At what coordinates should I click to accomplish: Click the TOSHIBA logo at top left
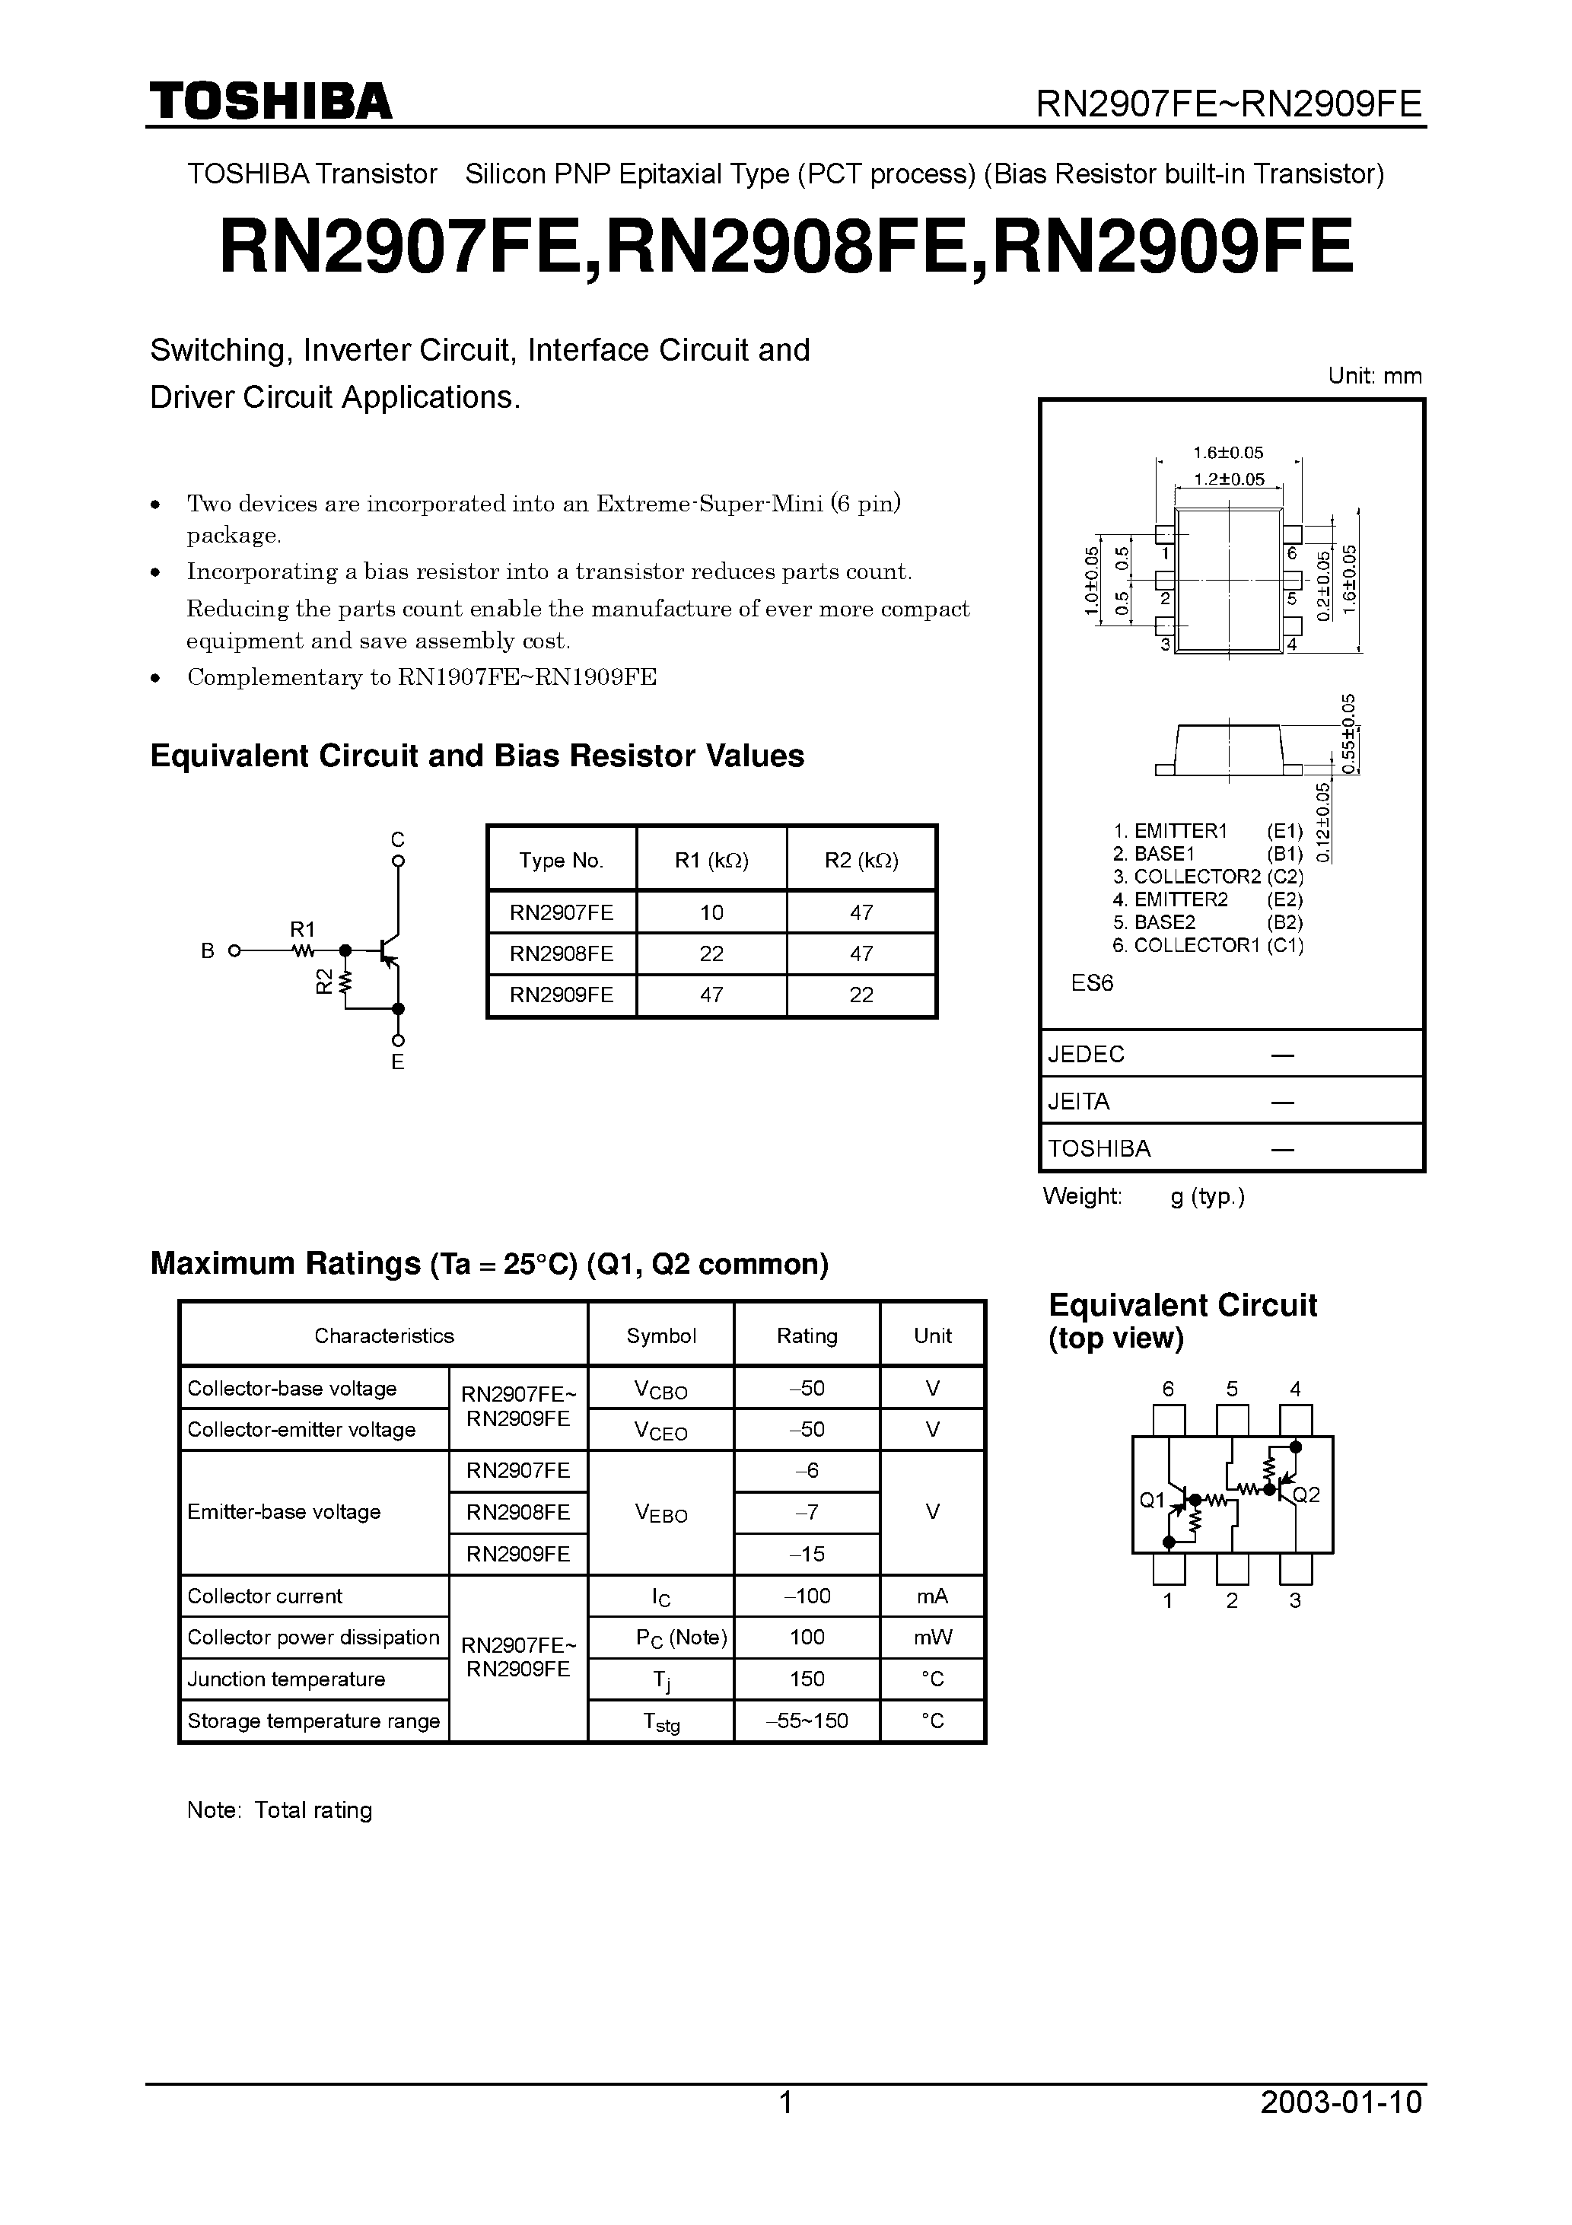[x=270, y=102]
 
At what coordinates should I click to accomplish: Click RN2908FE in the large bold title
[x=787, y=247]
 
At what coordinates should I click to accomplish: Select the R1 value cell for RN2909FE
[x=711, y=995]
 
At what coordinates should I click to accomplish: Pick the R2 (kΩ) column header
[x=861, y=860]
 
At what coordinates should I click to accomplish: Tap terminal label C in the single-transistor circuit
[x=397, y=839]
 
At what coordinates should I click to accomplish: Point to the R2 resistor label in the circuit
[x=323, y=981]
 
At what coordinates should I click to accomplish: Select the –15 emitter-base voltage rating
[x=807, y=1553]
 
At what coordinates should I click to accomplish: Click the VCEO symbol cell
[x=661, y=1431]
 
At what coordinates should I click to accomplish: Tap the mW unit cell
[x=932, y=1637]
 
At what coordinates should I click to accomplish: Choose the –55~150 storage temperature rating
[x=807, y=1720]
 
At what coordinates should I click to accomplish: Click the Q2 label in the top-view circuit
[x=1306, y=1494]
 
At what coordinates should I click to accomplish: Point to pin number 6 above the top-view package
[x=1168, y=1389]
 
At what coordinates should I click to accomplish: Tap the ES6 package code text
[x=1093, y=982]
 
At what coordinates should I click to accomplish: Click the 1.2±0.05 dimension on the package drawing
[x=1228, y=479]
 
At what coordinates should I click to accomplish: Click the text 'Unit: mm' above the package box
[x=1374, y=376]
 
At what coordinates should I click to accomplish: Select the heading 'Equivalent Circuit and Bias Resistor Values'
[x=477, y=756]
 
